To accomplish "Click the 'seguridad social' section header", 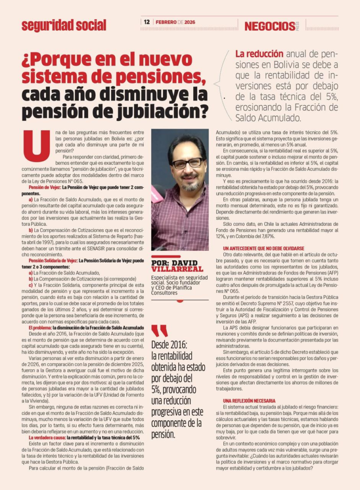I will pyautogui.click(x=64, y=25).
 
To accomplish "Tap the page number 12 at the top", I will pyautogui.click(x=147, y=22).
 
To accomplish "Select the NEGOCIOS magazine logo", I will pyautogui.click(x=270, y=26).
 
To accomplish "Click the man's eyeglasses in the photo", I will pyautogui.click(x=187, y=164).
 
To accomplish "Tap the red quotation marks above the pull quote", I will pyautogui.click(x=159, y=331).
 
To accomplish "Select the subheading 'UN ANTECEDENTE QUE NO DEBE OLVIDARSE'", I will pyautogui.click(x=263, y=248).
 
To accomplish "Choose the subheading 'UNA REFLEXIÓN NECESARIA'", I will pyautogui.click(x=249, y=400).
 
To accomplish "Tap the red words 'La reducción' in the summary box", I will pyautogui.click(x=259, y=54).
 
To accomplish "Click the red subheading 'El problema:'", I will pyautogui.click(x=43, y=327).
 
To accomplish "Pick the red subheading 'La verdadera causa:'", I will pyautogui.click(x=47, y=437).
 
